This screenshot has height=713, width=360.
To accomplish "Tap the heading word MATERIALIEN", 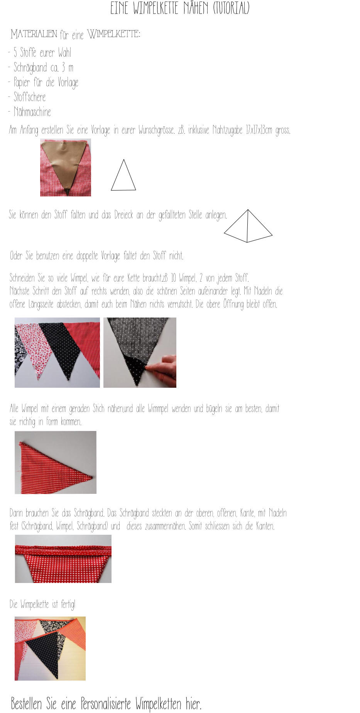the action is pos(34,34).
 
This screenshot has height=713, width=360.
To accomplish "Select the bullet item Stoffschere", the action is pos(30,97).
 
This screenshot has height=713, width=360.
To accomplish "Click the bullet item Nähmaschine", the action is pos(32,112).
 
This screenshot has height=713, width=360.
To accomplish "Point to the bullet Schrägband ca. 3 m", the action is pos(43,68).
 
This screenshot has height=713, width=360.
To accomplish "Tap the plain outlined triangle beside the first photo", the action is pos(123,175).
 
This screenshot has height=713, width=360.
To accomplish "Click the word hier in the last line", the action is pos(193,704).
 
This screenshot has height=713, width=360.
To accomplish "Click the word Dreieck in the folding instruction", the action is pos(124,215).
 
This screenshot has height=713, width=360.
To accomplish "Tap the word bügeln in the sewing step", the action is pos(216,409).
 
